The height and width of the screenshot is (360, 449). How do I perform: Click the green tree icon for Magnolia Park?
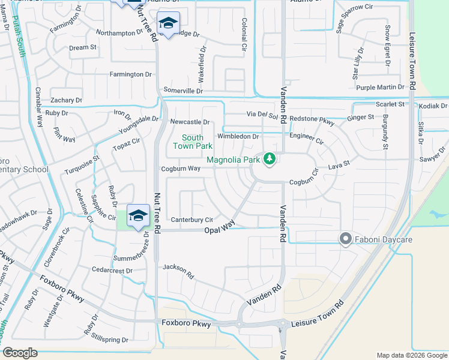coord(270,159)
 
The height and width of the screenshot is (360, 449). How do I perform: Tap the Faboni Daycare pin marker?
coord(345,239)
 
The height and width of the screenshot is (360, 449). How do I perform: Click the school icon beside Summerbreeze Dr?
coord(138,216)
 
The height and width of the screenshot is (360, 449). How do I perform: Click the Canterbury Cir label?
coord(192,220)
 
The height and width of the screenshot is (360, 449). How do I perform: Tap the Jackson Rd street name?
coord(178,271)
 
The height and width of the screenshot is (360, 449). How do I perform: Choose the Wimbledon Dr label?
coord(238,136)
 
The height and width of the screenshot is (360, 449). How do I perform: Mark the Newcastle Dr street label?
coord(190,122)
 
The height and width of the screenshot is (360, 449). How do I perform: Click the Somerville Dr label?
coord(184,91)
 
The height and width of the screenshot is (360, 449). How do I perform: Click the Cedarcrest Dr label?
coord(112,271)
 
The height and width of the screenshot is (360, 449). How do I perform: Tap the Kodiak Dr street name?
coord(433,106)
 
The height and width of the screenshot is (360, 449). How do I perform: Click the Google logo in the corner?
coord(20,353)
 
